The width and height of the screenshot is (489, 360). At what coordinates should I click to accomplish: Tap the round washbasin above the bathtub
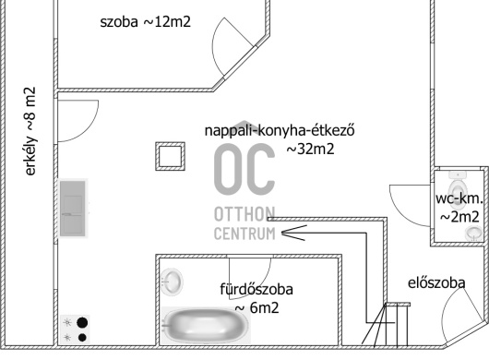pos(172,282)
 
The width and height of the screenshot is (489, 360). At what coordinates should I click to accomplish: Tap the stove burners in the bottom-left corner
pos(76,330)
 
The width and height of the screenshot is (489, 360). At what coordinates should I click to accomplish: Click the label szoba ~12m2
pos(145,21)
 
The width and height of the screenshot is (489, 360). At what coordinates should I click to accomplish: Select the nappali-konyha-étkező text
pos(279,129)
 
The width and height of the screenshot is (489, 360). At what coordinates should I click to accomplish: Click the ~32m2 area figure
pos(308,148)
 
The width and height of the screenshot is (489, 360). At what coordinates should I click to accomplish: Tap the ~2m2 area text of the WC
pos(458,217)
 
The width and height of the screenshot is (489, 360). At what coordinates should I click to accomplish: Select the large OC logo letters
pos(244,170)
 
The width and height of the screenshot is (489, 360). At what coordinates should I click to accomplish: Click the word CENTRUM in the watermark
pos(244,234)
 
